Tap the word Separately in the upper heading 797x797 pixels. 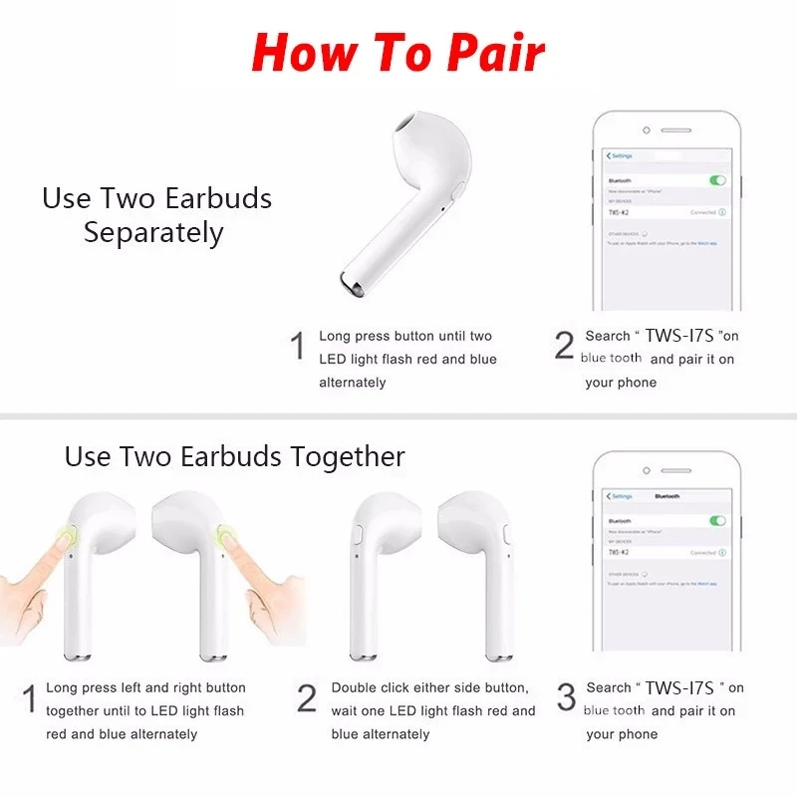click(x=153, y=233)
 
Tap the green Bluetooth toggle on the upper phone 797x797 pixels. click(x=716, y=180)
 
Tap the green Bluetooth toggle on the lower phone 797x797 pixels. click(x=716, y=520)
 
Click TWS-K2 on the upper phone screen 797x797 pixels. click(x=619, y=213)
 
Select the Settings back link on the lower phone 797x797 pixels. click(x=620, y=495)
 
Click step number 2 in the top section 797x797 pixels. click(x=564, y=346)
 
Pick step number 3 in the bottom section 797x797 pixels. click(x=566, y=697)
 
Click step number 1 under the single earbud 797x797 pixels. click(x=297, y=347)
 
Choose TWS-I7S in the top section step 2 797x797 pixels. click(x=678, y=336)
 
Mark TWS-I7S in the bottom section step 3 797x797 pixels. click(x=679, y=687)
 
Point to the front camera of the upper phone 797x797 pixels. click(x=646, y=130)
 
